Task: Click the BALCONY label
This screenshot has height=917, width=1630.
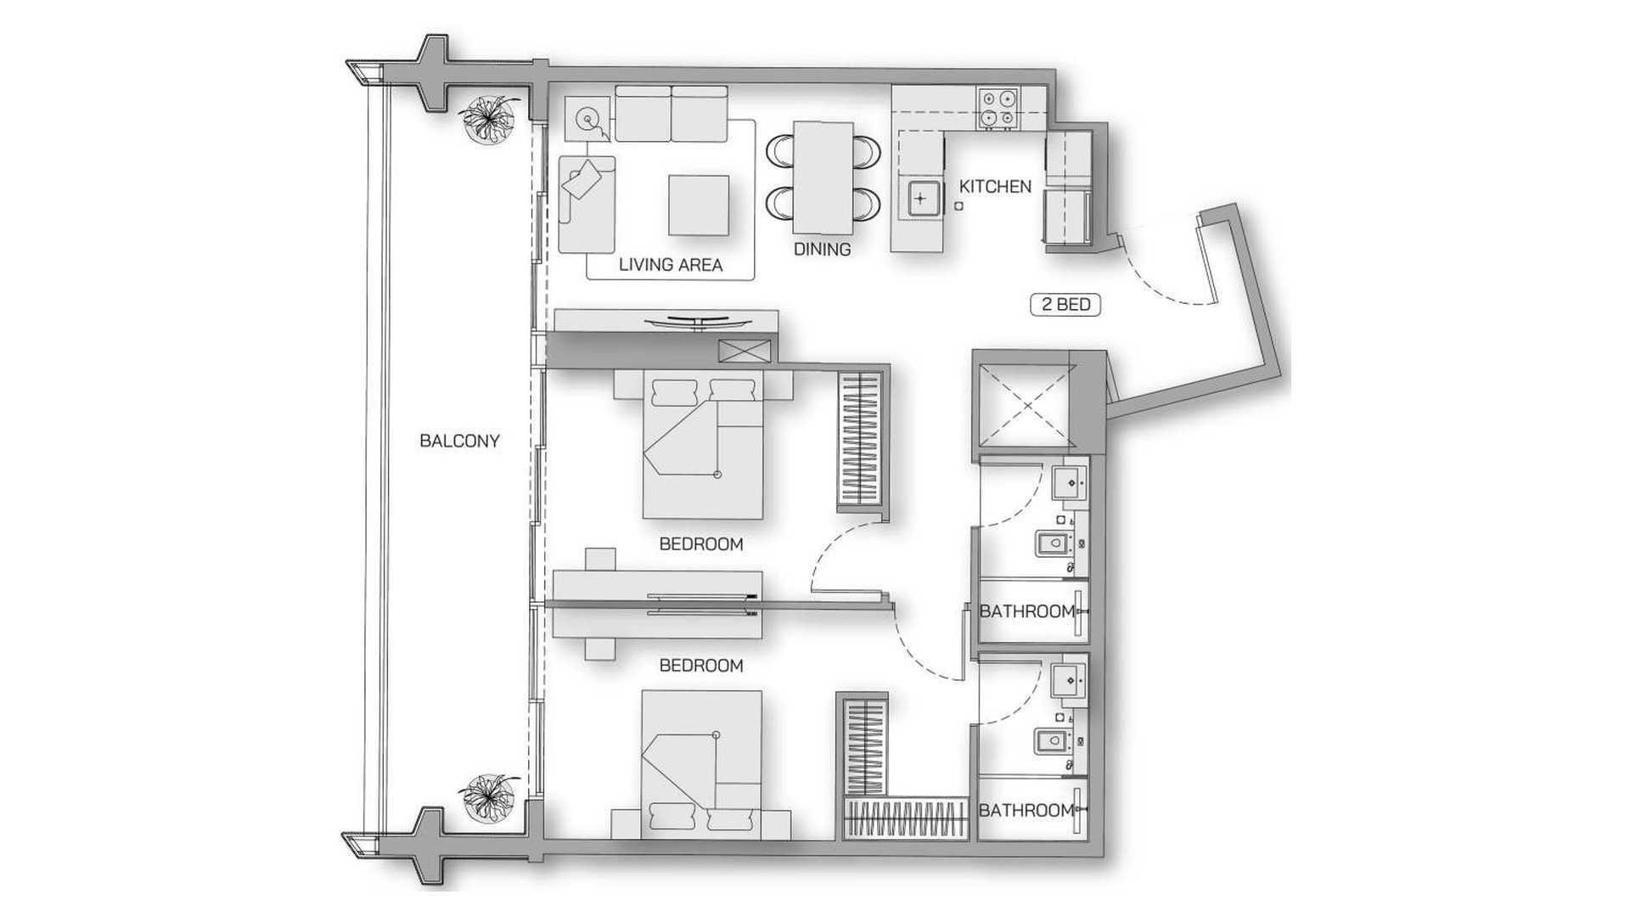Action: point(459,441)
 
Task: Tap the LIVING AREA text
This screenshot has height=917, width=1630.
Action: point(670,265)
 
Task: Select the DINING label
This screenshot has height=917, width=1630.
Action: point(822,250)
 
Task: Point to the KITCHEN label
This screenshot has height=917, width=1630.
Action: point(995,186)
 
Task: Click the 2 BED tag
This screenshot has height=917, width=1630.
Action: point(1065,304)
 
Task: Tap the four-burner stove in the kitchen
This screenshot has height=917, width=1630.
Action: point(997,109)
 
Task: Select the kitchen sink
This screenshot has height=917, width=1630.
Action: point(921,200)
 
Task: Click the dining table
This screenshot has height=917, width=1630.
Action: point(823,177)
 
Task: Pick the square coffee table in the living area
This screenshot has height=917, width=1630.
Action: point(698,205)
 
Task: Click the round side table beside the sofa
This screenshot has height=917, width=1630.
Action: point(587,120)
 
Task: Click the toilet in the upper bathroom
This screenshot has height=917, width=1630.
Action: point(1052,543)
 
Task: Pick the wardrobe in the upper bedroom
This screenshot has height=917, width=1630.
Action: point(863,441)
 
